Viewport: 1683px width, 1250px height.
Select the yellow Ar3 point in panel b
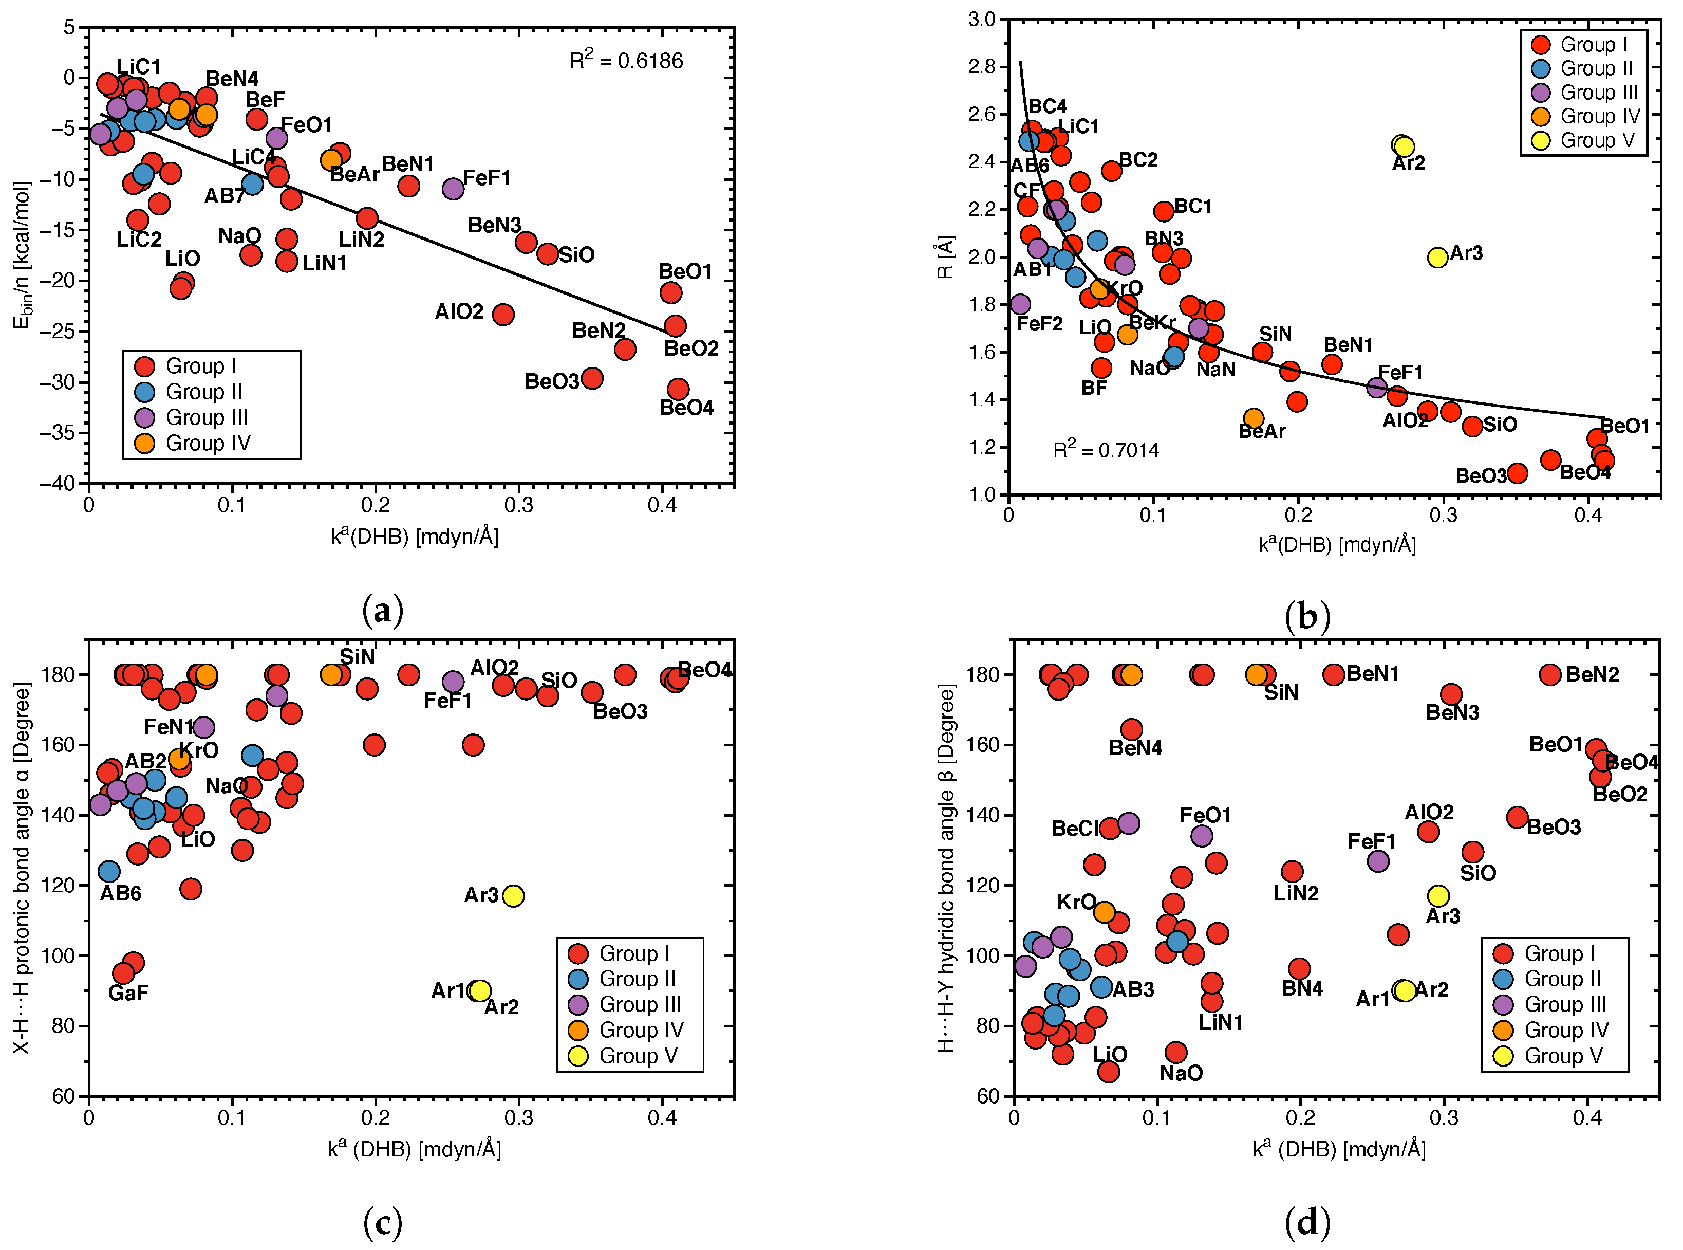click(1437, 258)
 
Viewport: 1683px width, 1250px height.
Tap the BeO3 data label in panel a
click(551, 381)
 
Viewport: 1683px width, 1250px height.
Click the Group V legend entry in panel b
click(1585, 141)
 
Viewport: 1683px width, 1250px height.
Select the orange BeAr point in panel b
click(1254, 418)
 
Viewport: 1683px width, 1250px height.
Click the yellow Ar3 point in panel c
click(513, 896)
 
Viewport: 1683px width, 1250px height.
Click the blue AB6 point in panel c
click(109, 872)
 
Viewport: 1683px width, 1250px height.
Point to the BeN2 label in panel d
click(1592, 675)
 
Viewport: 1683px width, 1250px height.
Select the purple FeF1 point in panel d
click(1378, 861)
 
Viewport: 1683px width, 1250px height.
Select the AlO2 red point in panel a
click(503, 314)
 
